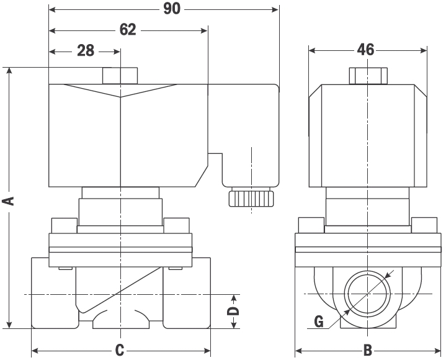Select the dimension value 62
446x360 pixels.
pyautogui.click(x=128, y=30)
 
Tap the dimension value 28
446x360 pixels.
pyautogui.click(x=86, y=51)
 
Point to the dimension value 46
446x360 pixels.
pyautogui.click(x=367, y=50)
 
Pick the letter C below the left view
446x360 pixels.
pyautogui.click(x=120, y=349)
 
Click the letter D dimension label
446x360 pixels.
pyautogui.click(x=233, y=310)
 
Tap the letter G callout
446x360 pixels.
pyautogui.click(x=318, y=321)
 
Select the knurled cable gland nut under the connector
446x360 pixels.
pyautogui.click(x=252, y=199)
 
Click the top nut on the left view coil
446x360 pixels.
pyautogui.click(x=120, y=76)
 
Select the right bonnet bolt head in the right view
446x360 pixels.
pyautogui.click(x=424, y=225)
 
